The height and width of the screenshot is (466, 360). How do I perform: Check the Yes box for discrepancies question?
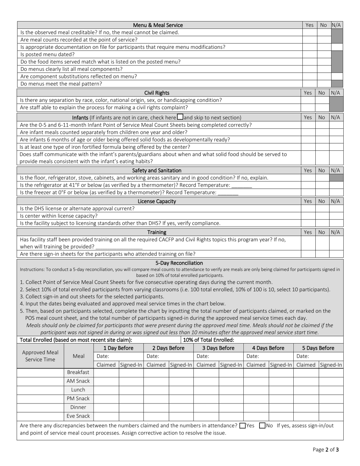(243, 425)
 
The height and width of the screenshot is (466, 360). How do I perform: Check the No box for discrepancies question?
(262, 425)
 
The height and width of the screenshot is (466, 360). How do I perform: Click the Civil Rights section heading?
(157, 93)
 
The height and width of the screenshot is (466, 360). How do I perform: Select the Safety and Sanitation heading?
(157, 170)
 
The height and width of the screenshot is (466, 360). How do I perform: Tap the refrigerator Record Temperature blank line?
(241, 185)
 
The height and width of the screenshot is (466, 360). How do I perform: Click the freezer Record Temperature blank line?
(228, 192)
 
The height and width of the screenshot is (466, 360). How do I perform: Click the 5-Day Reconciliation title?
(179, 263)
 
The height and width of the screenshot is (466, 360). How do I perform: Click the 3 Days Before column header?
(218, 348)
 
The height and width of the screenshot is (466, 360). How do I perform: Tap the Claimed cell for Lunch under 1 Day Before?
(106, 390)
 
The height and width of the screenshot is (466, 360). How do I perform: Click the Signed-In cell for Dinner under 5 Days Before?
(331, 407)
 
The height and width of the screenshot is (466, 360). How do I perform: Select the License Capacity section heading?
(157, 202)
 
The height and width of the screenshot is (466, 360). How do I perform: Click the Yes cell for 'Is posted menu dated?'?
(309, 54)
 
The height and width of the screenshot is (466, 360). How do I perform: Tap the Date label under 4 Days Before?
(252, 357)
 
